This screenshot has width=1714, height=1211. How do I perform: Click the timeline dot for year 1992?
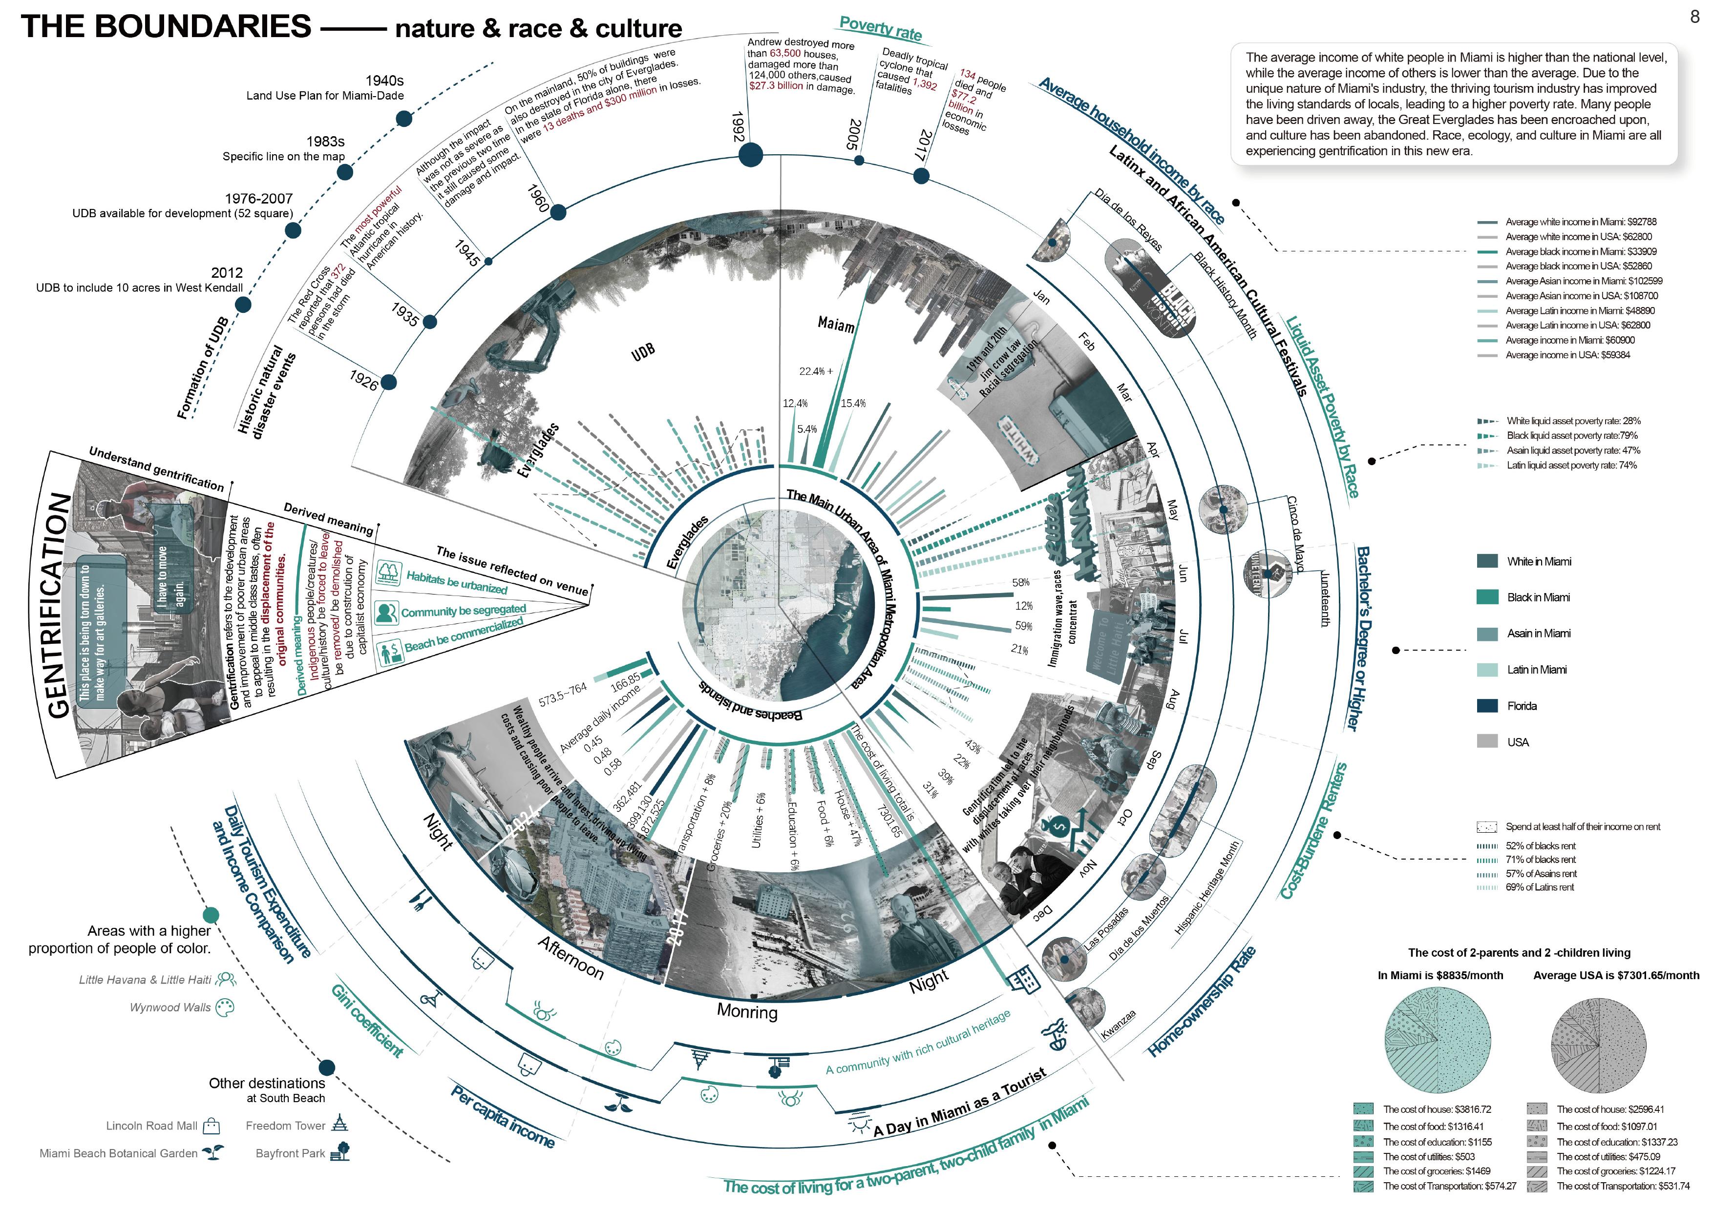750,156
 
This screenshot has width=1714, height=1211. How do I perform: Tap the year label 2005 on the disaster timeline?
855,134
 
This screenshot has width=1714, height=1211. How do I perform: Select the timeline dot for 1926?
388,383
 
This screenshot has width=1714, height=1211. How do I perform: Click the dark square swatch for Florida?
1487,706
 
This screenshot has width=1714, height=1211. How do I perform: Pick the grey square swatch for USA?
1487,741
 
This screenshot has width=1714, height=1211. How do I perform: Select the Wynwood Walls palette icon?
224,1007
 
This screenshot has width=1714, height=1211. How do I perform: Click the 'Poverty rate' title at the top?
880,28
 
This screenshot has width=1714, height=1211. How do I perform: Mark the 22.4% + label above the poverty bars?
815,371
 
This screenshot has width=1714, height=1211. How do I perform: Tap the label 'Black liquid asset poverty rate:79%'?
1571,436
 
